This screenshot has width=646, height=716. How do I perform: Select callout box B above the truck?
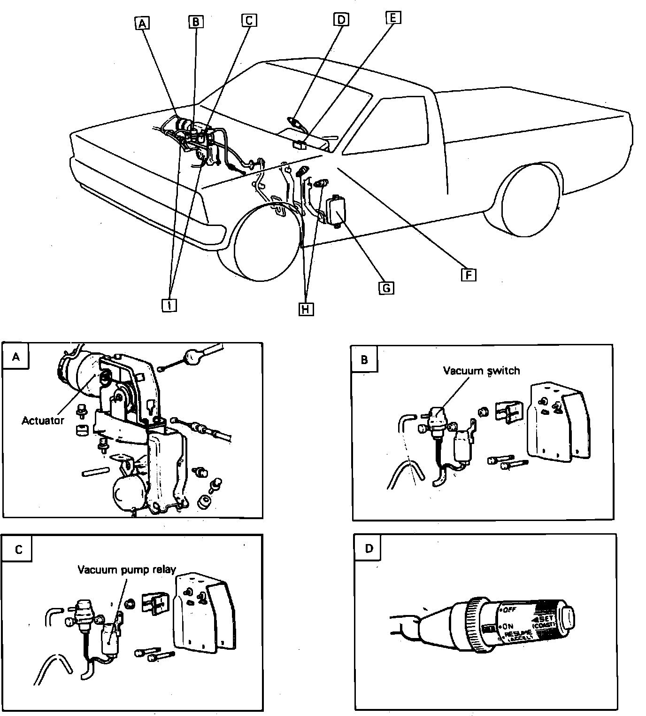click(x=196, y=21)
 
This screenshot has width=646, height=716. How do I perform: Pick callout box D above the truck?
click(x=341, y=19)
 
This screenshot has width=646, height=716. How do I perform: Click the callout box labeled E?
click(x=393, y=18)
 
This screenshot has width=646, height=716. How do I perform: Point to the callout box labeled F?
click(x=468, y=273)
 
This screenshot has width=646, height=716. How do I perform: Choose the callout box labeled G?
click(x=386, y=288)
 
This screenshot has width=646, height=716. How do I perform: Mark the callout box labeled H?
click(x=306, y=309)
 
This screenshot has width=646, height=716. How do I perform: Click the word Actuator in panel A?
click(x=43, y=420)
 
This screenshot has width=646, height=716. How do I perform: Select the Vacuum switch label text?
click(x=482, y=371)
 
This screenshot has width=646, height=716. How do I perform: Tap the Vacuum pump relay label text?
click(x=127, y=570)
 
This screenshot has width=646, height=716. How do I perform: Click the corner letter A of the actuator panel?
click(x=16, y=357)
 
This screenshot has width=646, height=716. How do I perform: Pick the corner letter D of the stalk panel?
click(x=369, y=548)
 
